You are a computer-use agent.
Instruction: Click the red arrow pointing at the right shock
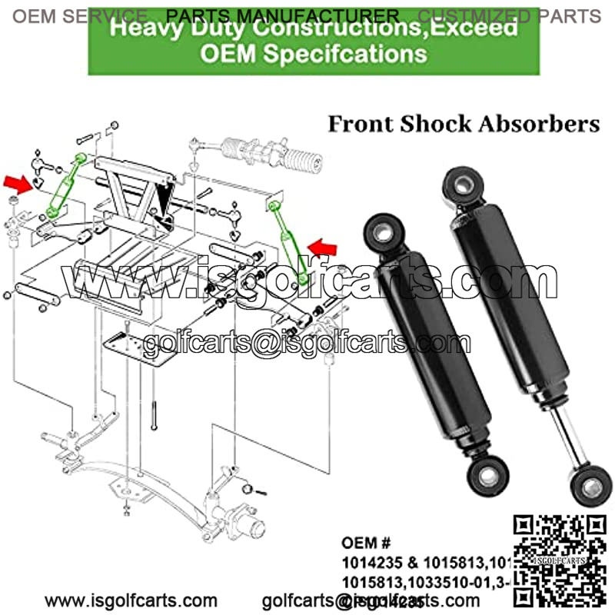click(324, 247)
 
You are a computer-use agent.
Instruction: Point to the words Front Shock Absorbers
click(464, 125)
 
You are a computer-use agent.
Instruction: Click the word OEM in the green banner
click(229, 54)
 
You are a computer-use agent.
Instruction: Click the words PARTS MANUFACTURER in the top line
click(283, 15)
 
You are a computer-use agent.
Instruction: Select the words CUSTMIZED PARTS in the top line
click(510, 15)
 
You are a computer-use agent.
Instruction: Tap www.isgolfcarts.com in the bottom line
click(131, 600)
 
